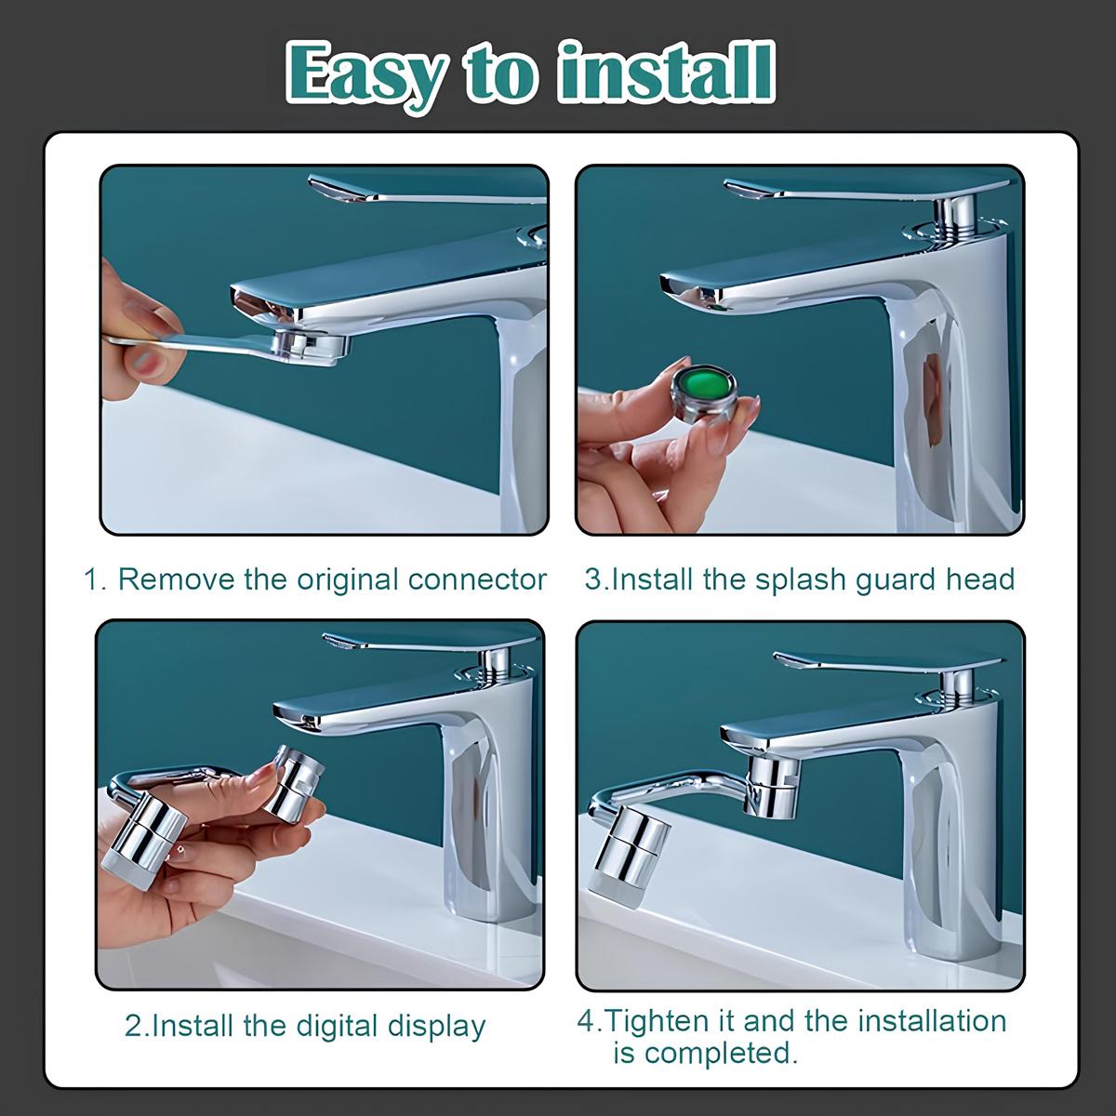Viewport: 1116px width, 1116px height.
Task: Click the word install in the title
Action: point(666,73)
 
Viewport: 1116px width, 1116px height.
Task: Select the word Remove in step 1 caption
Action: point(176,579)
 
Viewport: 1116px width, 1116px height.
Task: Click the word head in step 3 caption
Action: point(980,579)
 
